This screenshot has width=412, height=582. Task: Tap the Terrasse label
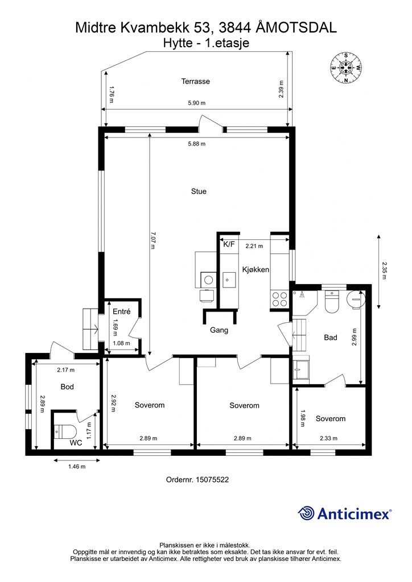tap(195, 81)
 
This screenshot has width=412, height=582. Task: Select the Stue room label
tap(199, 192)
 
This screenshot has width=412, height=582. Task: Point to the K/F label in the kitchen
tap(229, 244)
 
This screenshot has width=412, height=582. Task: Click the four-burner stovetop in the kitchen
tap(279, 299)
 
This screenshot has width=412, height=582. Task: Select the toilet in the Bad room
tap(332, 301)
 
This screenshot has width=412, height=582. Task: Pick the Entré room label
tap(121, 312)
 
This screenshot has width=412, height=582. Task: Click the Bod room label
tap(67, 386)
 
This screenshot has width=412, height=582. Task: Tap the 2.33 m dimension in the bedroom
tap(329, 438)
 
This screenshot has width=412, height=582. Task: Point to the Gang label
tap(219, 330)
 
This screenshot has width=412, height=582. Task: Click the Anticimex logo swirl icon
tap(306, 513)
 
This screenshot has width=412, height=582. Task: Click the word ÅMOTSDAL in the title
tap(296, 27)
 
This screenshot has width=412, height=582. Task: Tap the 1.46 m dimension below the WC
tap(77, 467)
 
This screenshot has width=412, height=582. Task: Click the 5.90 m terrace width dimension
tap(196, 103)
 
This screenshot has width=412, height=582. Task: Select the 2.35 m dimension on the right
tap(384, 271)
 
